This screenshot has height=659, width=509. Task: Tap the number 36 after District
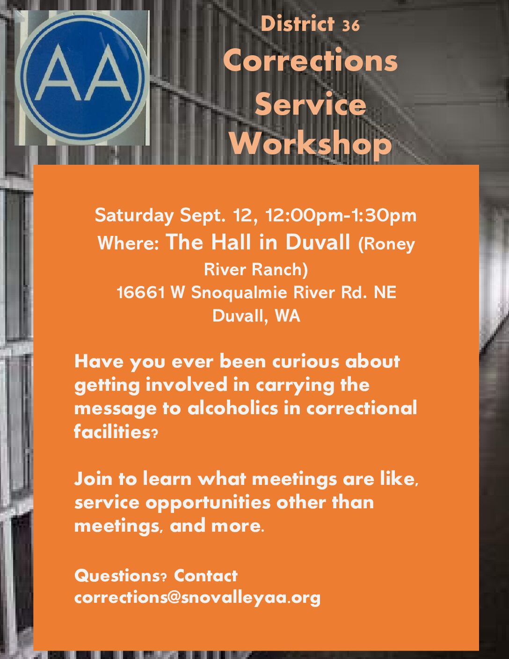[x=351, y=25]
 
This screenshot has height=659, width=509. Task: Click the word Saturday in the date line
[x=134, y=215]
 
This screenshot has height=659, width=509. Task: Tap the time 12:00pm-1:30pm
[x=341, y=215]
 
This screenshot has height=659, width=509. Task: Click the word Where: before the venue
[x=128, y=243]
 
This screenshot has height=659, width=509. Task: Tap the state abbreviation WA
[x=287, y=316]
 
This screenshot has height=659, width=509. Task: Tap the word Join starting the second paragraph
[x=93, y=479]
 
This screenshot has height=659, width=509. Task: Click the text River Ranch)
[x=256, y=269]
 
